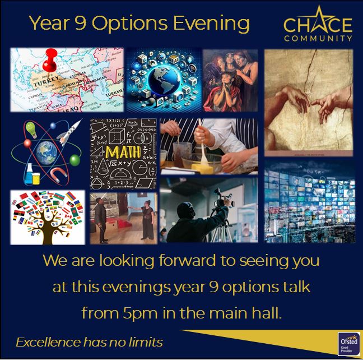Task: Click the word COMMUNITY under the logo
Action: coord(318,39)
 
